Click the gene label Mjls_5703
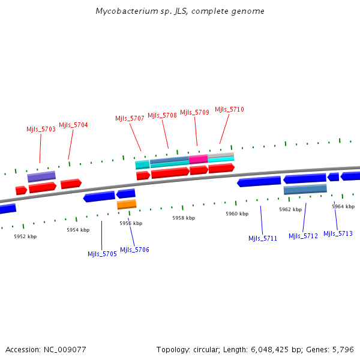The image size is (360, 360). tap(41, 129)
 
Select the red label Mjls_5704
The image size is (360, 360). tap(73, 125)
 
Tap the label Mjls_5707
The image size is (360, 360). tap(130, 118)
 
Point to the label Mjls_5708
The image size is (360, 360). tap(162, 115)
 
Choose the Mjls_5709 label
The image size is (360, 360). tap(194, 112)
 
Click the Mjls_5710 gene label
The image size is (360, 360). tap(229, 109)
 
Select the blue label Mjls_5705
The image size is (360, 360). tap(102, 254)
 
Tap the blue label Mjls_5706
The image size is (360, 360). tap(134, 250)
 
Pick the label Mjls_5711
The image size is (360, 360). tap(263, 238)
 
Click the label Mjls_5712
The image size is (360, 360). tap(303, 236)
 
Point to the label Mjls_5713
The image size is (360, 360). tap(338, 233)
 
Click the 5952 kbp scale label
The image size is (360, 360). tap(25, 236)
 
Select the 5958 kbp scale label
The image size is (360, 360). tap(184, 218)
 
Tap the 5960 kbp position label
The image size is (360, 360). tap(237, 214)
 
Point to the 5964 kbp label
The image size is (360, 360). tap(343, 206)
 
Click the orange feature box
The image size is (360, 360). tap(127, 205)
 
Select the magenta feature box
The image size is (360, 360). tap(199, 159)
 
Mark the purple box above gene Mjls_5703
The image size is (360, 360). tap(41, 176)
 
